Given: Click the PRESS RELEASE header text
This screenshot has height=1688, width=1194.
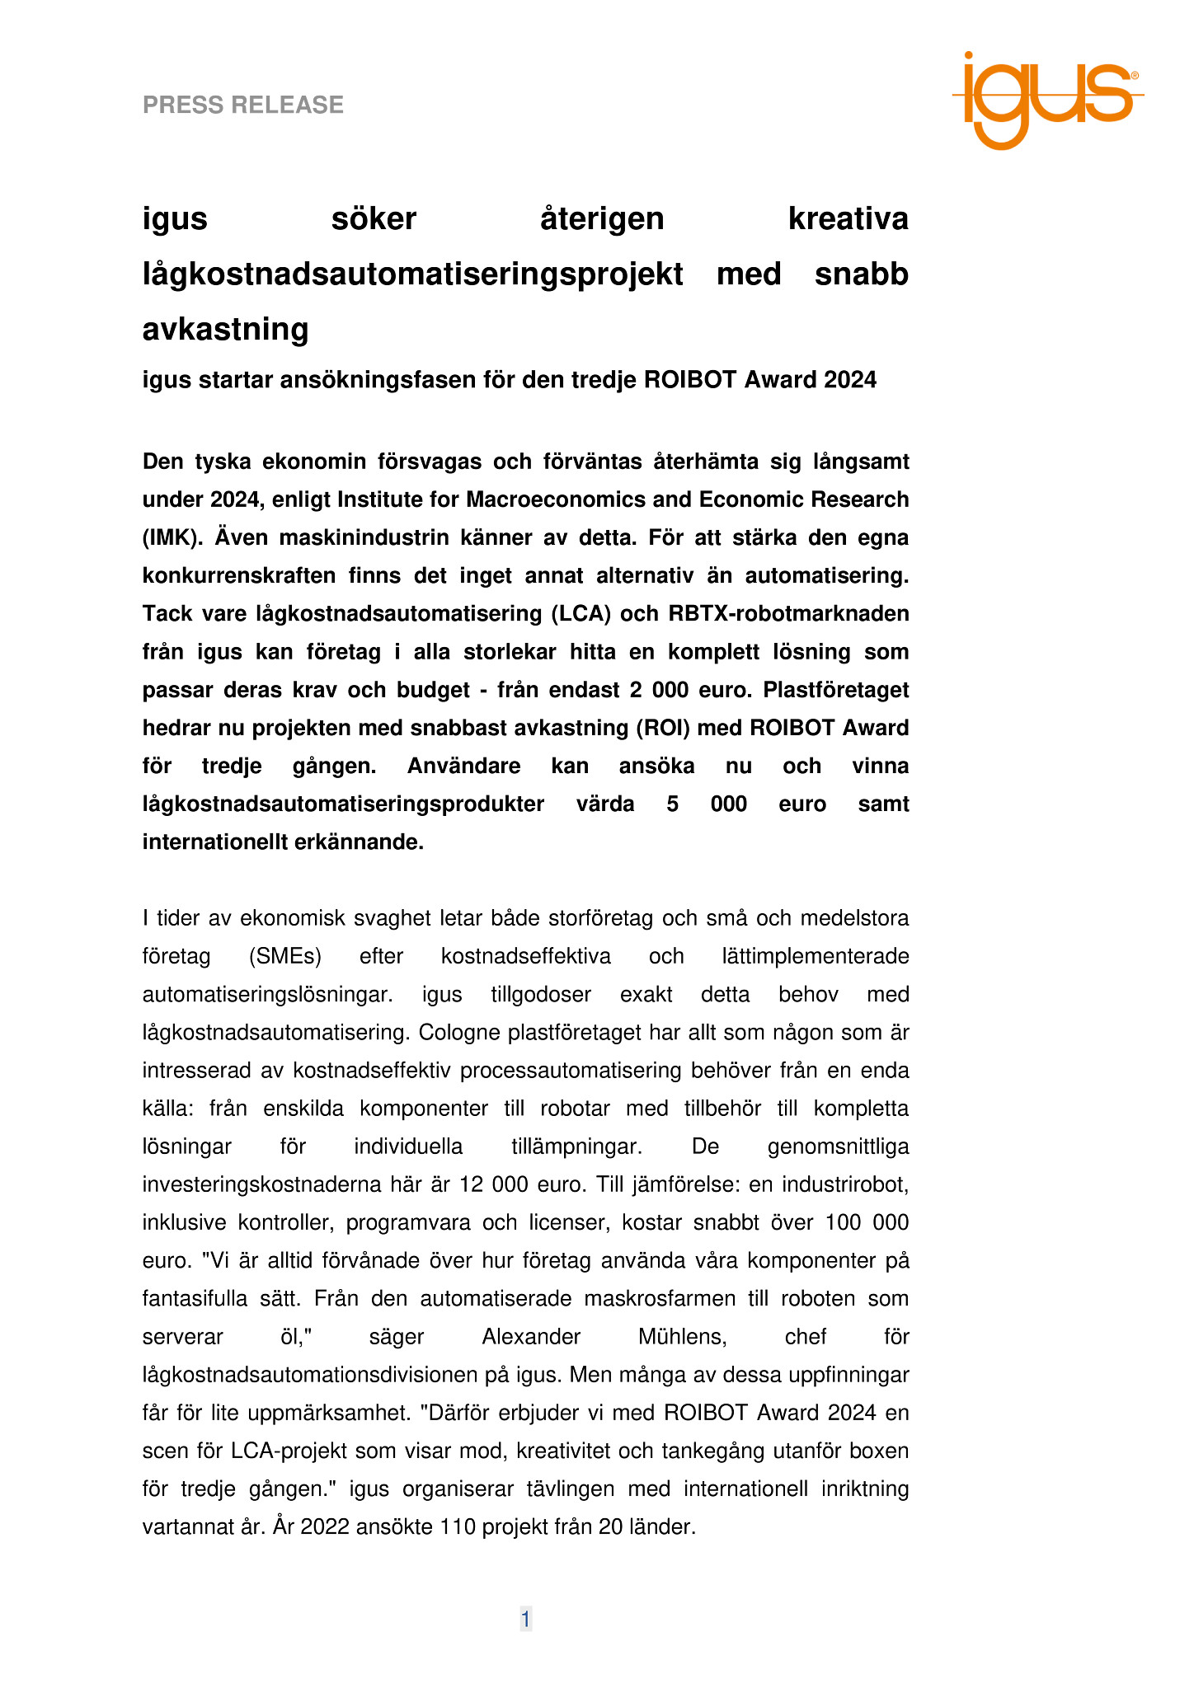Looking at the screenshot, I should (x=243, y=105).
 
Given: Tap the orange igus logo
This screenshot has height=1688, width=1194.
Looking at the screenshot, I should (x=1047, y=99).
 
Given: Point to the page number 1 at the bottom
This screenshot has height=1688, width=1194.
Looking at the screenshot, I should (x=525, y=1620).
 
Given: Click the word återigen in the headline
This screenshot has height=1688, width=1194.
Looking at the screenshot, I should (x=602, y=219).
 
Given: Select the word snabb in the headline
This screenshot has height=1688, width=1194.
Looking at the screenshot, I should (x=861, y=274).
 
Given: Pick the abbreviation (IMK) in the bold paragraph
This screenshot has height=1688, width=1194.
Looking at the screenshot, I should (x=172, y=537).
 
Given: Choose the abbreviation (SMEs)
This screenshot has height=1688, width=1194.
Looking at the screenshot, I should (x=284, y=956).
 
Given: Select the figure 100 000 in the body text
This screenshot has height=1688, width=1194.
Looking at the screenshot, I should (x=867, y=1222).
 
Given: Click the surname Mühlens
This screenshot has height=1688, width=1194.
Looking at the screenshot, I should (x=683, y=1337).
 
